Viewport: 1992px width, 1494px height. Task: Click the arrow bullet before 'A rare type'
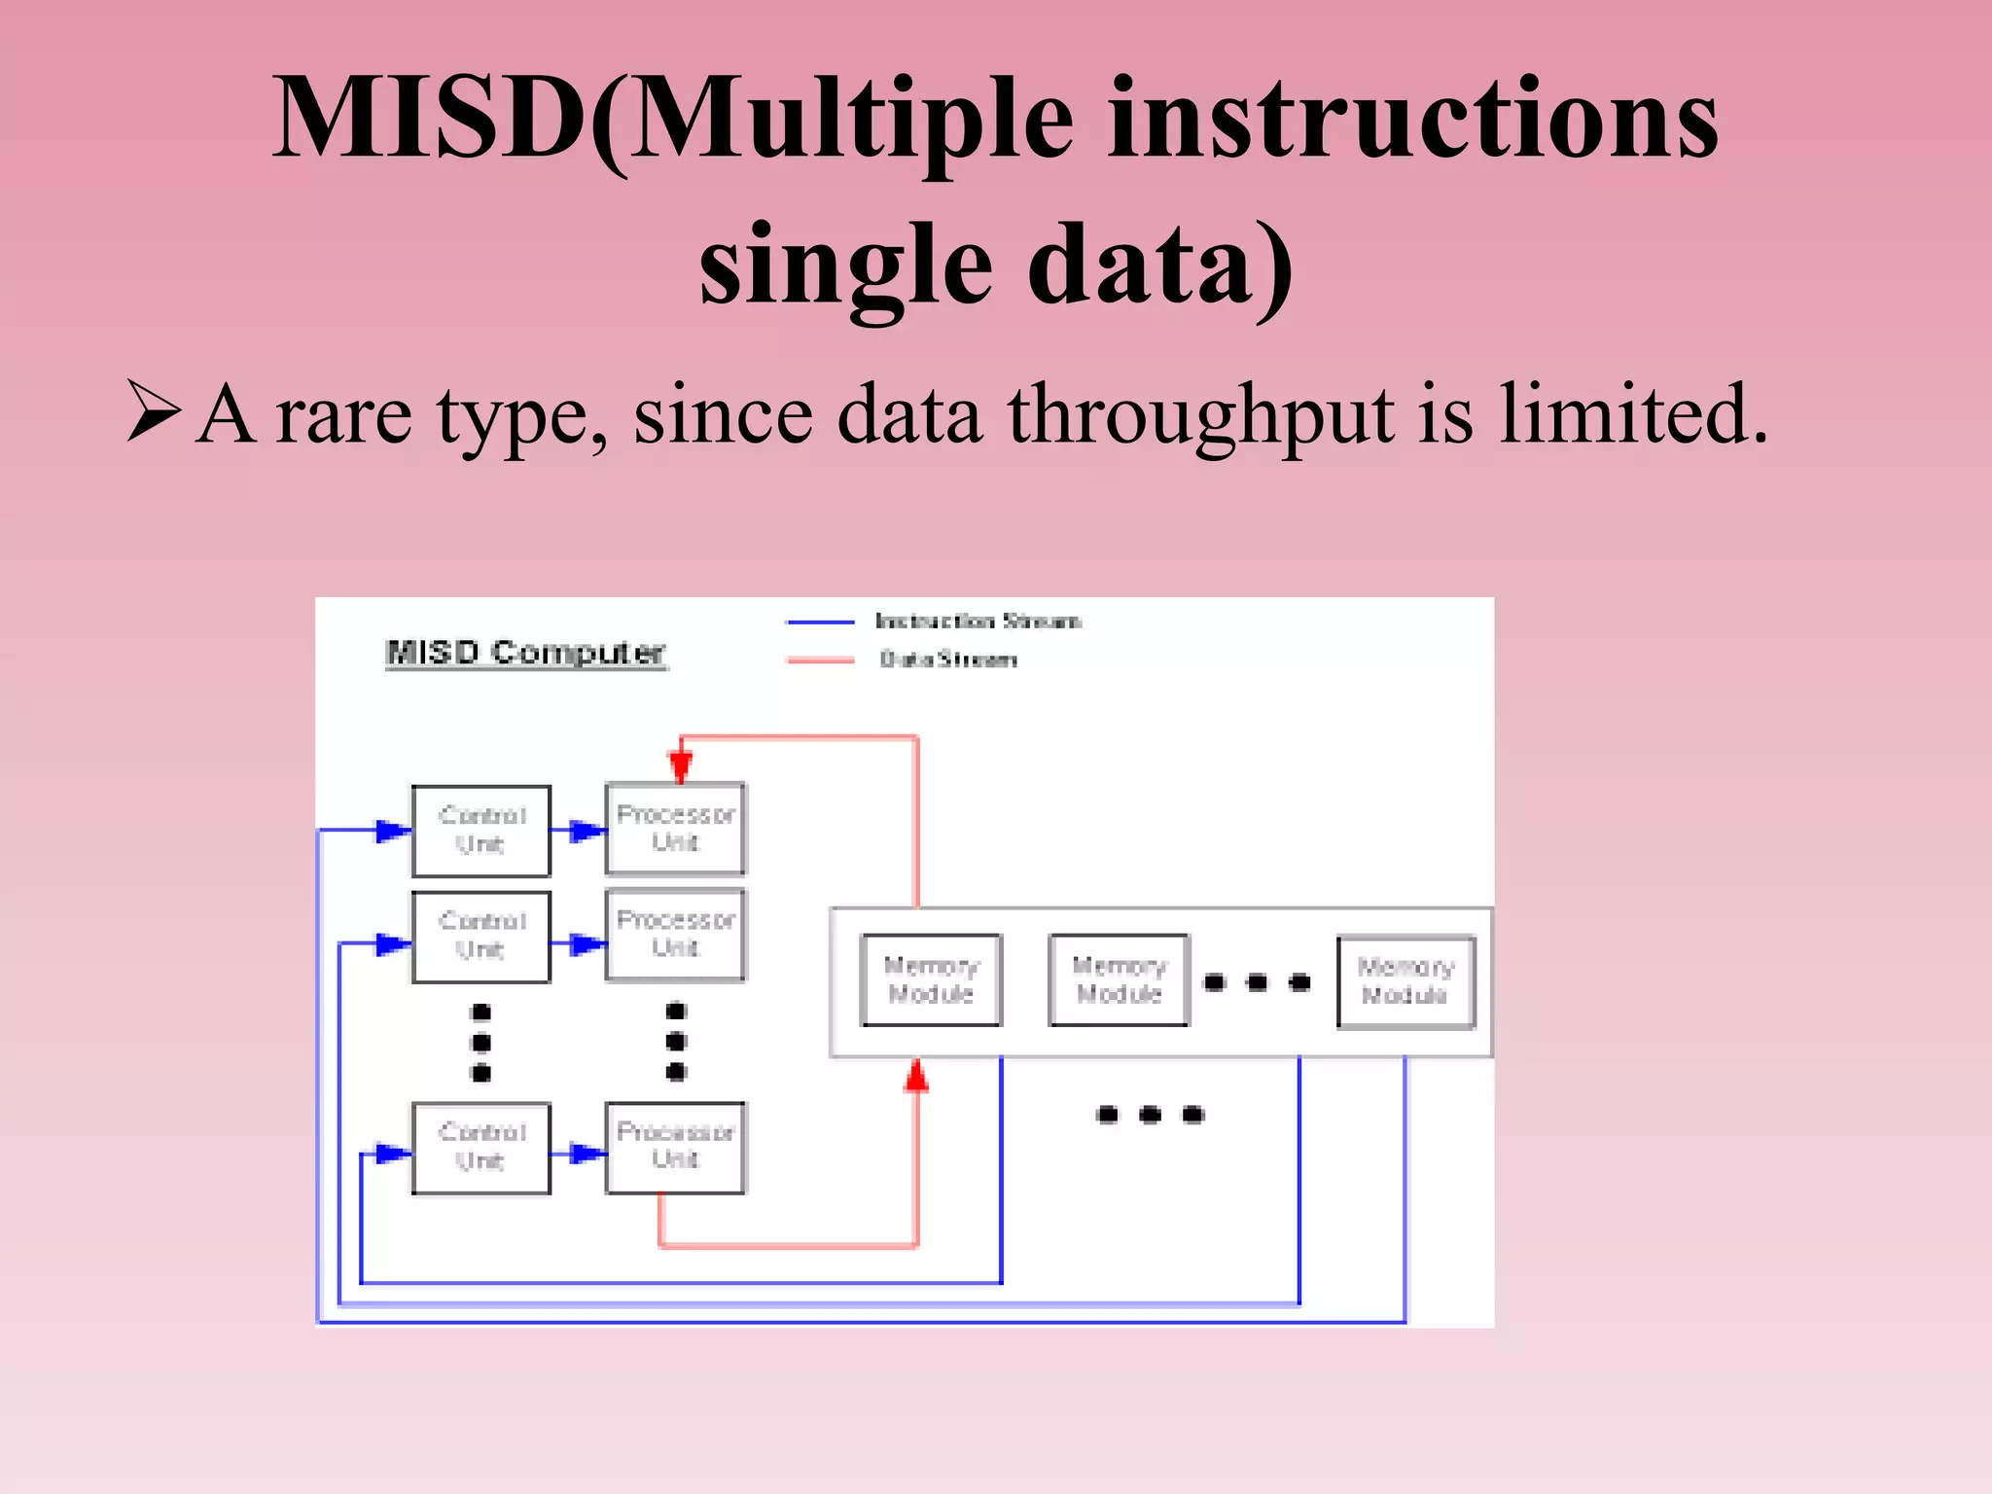154,412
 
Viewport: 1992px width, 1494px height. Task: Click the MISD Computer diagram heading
525,653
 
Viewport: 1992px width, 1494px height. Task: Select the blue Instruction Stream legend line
820,622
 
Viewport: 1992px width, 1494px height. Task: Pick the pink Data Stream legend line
820,660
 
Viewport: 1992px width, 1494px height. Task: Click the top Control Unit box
481,831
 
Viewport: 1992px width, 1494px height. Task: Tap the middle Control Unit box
481,937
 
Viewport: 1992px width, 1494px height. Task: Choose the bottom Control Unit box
481,1148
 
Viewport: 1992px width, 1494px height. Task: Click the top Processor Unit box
676,829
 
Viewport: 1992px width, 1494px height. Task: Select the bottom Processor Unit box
676,1147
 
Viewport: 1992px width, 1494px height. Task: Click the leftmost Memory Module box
931,980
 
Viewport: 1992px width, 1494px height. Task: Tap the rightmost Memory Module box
1405,981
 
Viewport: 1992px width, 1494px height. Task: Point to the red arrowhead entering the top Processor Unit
681,765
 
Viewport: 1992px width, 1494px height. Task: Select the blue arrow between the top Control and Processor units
586,831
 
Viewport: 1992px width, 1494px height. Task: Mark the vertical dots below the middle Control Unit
480,1043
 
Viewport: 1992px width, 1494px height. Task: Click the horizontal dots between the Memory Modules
1257,982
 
